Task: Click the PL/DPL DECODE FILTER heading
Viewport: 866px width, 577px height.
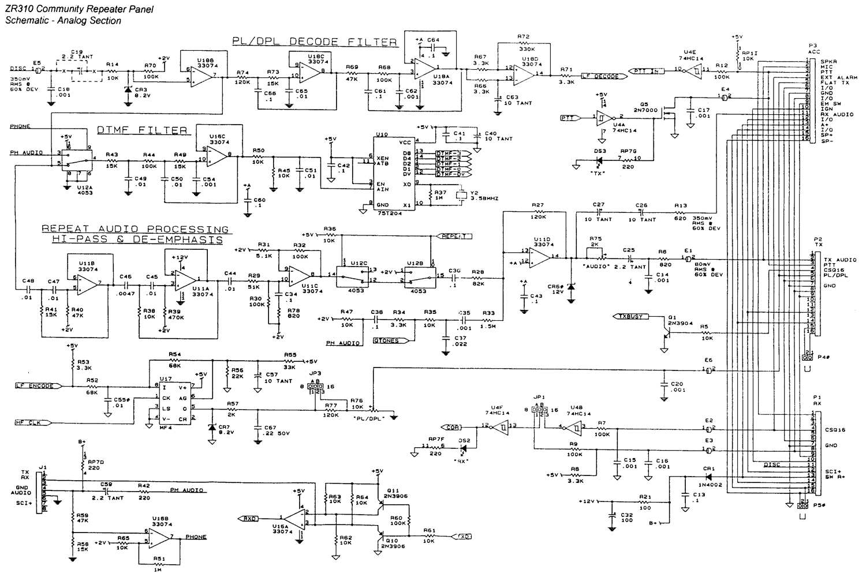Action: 315,42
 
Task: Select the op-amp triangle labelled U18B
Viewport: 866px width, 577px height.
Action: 204,76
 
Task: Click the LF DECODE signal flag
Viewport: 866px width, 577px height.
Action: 600,76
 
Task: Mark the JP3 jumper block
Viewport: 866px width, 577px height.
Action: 315,387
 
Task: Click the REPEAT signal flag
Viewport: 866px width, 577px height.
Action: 456,235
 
